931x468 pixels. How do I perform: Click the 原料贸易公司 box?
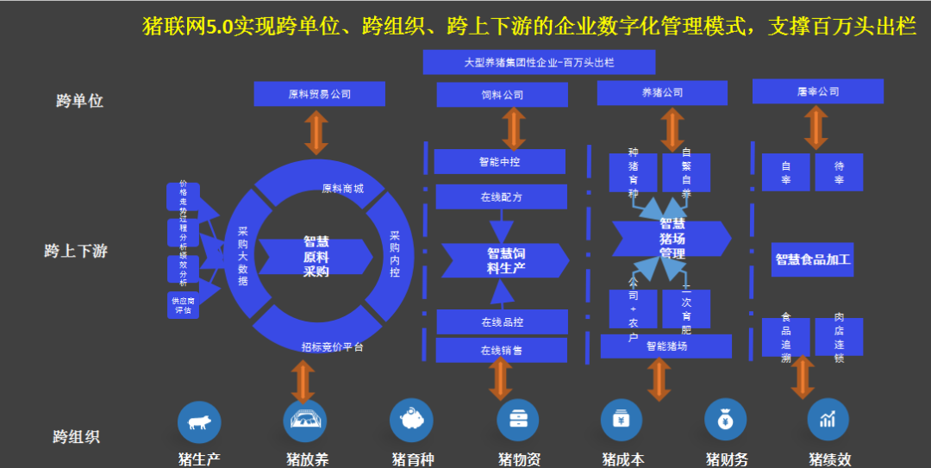pos(319,93)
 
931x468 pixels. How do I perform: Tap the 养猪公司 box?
pos(662,92)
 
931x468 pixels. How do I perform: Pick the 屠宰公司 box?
pos(818,91)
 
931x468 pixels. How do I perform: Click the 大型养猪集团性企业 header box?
pos(539,63)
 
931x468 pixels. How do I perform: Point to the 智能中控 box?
pos(500,161)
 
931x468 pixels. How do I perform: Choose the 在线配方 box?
pos(501,197)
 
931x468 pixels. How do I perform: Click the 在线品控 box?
pos(502,322)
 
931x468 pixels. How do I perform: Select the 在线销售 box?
pos(501,350)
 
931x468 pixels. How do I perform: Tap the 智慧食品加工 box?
pos(812,259)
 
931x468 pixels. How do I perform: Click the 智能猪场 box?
pos(665,346)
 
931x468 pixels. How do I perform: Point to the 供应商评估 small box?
pos(183,305)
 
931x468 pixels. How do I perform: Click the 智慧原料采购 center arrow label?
pos(316,257)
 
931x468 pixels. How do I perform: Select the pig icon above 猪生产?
pos(199,421)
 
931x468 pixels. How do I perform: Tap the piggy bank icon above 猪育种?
pos(411,421)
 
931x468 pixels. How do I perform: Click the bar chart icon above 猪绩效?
pos(828,421)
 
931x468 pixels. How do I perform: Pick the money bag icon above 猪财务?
pos(726,421)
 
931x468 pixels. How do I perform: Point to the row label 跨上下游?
pos(76,252)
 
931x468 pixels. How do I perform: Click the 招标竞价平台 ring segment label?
pos(332,346)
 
